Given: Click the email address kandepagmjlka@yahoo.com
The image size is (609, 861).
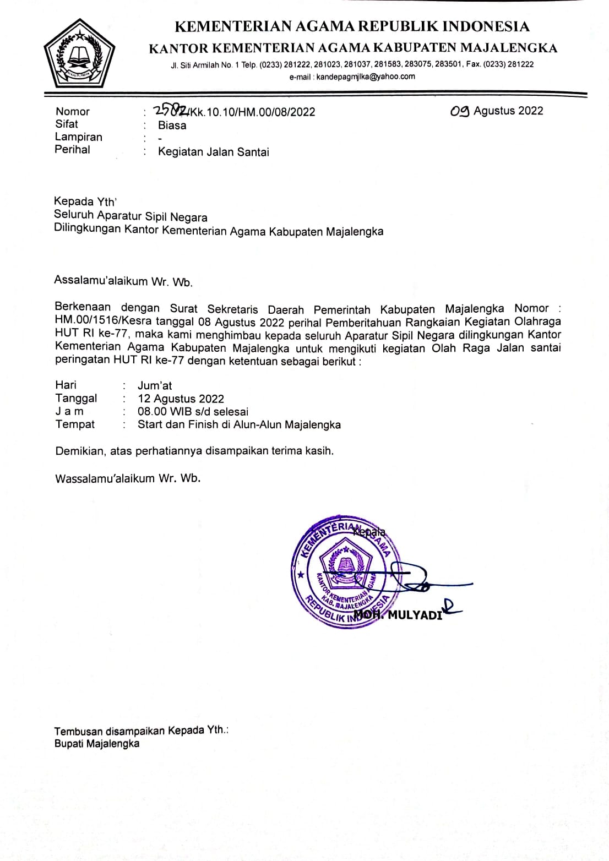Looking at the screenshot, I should tap(366, 77).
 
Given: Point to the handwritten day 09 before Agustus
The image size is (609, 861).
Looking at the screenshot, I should tap(460, 111).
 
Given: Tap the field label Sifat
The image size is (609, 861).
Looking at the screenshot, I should tap(67, 124).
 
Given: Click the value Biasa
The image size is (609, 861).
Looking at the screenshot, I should tap(172, 126).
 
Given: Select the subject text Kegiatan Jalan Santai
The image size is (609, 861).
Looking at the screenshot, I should tap(213, 152).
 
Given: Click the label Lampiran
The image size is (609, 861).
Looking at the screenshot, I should tap(78, 137).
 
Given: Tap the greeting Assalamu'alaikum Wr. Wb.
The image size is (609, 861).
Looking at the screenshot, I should tap(123, 281).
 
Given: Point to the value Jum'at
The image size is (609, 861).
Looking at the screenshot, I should tap(155, 385).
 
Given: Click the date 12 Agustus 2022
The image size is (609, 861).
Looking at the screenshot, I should tap(181, 399).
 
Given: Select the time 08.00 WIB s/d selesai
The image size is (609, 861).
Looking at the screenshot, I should tap(193, 411).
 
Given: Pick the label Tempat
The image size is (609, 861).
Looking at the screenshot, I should tap(75, 424).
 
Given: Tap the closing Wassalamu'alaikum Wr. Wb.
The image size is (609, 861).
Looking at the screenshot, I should tap(128, 478).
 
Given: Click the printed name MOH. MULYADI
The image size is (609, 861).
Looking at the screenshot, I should tap(398, 615).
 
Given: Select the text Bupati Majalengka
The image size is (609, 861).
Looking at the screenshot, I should tap(97, 744).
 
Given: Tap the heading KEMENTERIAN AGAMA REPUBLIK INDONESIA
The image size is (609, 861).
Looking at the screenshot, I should tap(352, 26).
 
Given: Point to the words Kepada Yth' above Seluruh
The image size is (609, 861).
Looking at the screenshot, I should tap(85, 201).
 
